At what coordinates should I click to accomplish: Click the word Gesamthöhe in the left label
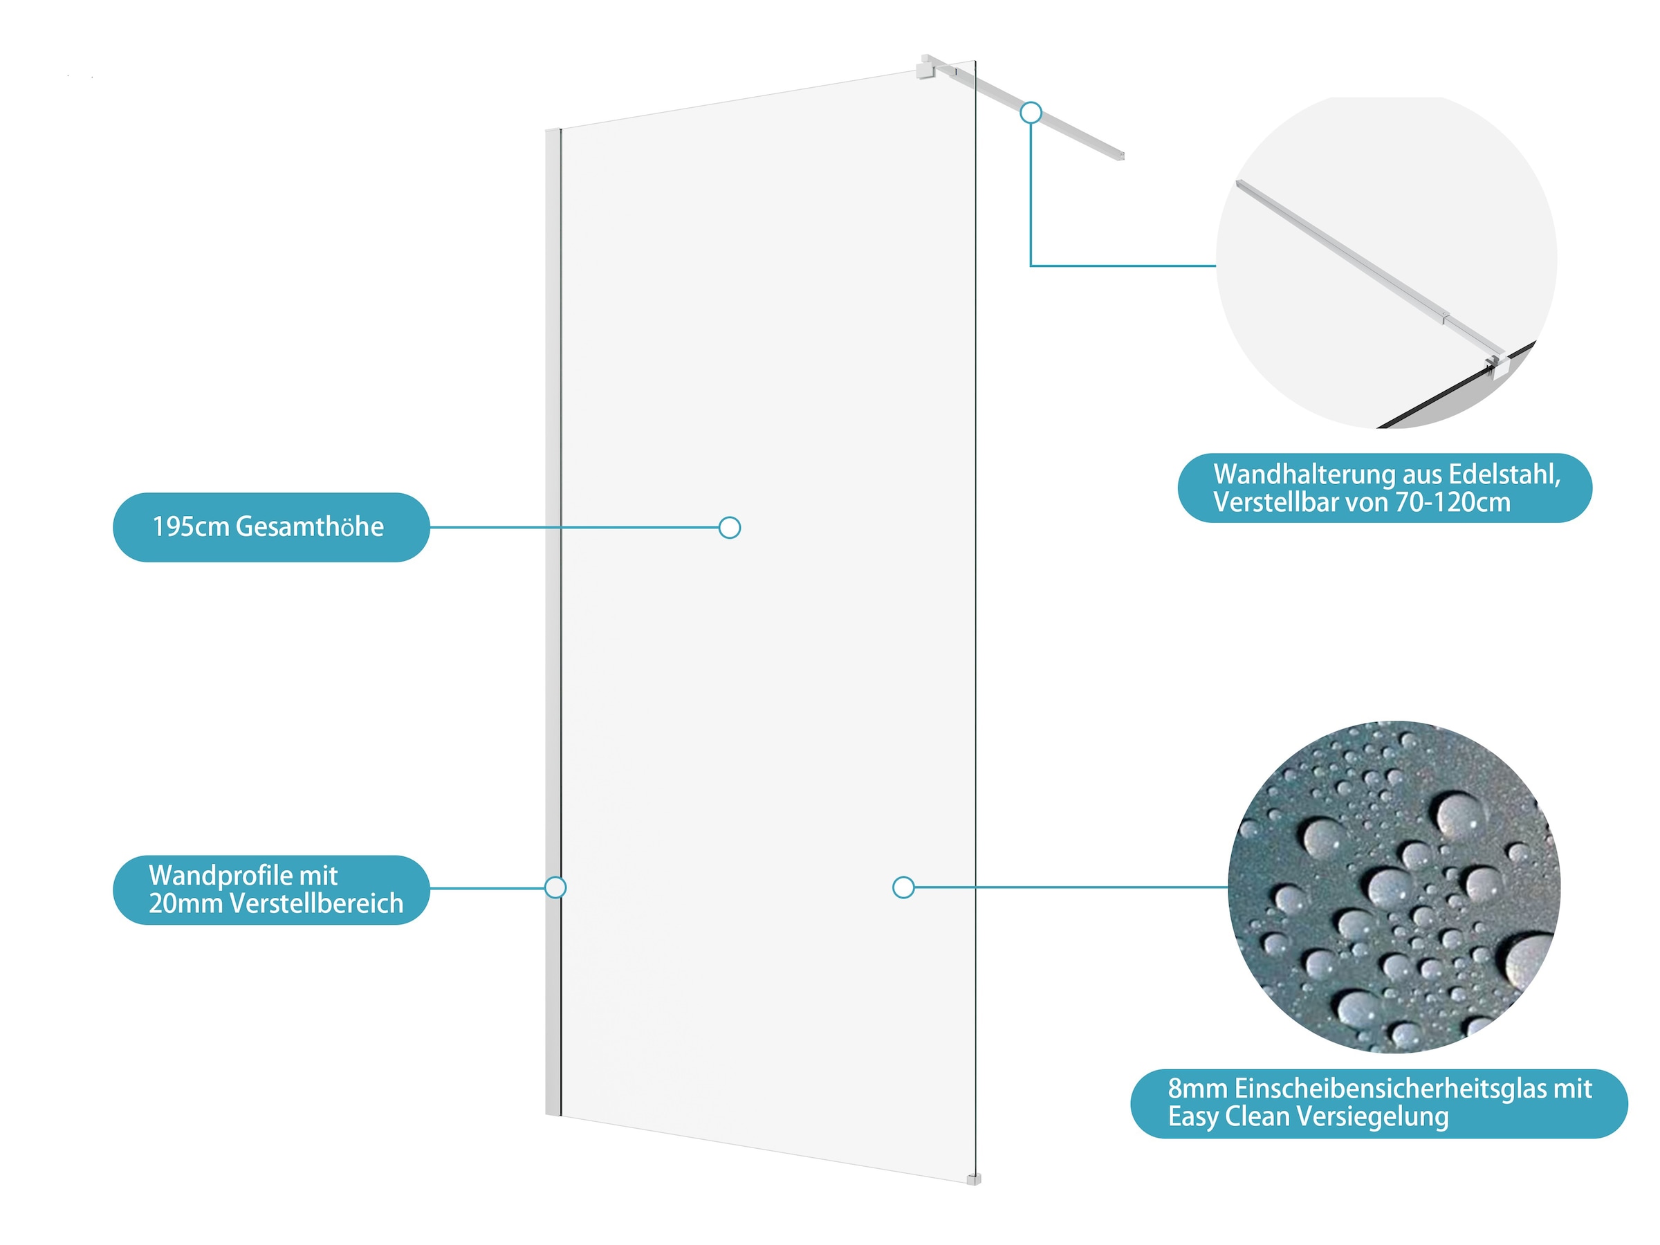[x=309, y=527]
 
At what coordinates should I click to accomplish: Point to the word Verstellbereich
[x=317, y=903]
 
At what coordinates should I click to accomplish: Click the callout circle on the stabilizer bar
[x=1031, y=113]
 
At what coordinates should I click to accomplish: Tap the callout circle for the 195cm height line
[x=730, y=528]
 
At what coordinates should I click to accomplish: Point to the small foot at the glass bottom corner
[x=973, y=1179]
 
